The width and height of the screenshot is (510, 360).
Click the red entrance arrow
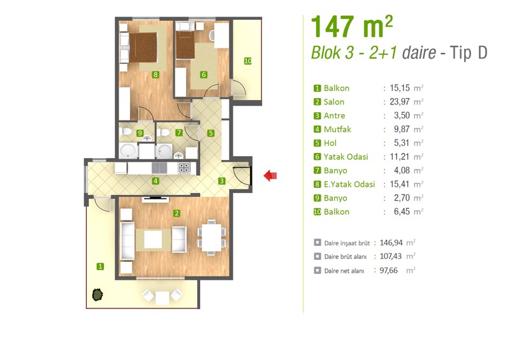coord(270,176)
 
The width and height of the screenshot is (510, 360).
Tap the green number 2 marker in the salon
coord(177,213)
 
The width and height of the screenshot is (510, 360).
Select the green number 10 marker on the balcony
coord(248,61)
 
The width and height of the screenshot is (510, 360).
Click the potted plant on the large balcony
coord(98,295)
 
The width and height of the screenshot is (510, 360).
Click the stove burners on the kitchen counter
coord(184,168)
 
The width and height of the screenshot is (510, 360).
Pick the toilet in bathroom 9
coord(125,131)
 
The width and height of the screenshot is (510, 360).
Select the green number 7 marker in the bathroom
coord(178,133)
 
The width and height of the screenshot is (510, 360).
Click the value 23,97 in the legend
coord(400,102)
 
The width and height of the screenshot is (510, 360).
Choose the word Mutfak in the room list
coord(337,129)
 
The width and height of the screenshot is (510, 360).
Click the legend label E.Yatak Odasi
coord(349,184)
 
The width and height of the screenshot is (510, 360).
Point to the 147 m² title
coord(352,27)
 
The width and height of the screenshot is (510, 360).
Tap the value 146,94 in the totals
coord(391,243)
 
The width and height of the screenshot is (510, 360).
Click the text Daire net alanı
coord(344,271)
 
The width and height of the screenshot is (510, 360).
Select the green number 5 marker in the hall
coord(211,133)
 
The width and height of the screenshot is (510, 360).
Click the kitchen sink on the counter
coord(159,168)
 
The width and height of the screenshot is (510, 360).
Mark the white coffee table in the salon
coord(153,240)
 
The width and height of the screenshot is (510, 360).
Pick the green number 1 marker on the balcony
coord(100,267)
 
